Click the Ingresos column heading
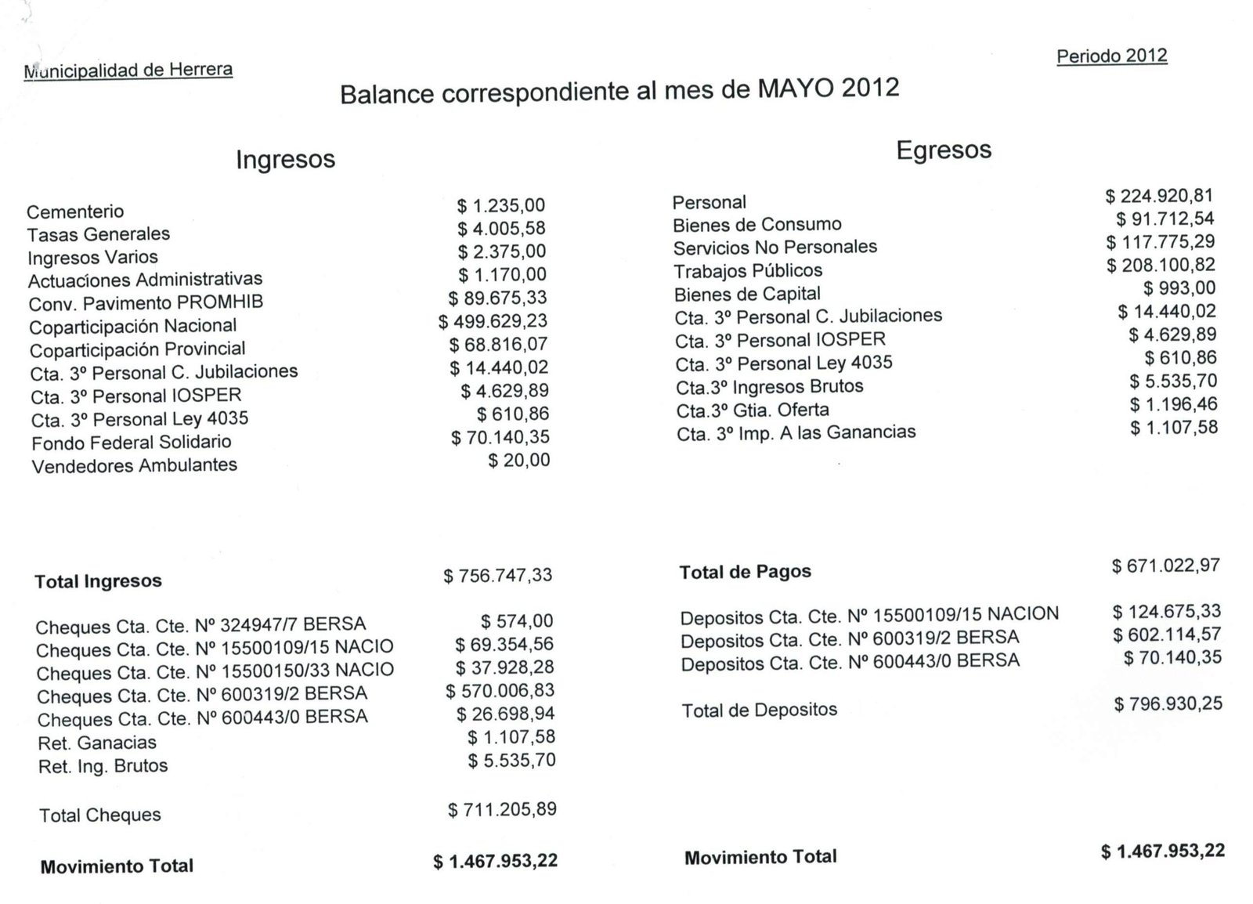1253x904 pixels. (x=285, y=159)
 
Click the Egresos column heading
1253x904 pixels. (x=944, y=150)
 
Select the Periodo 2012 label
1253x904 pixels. (x=1111, y=56)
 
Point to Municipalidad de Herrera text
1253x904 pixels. (x=128, y=71)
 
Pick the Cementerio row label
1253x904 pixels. (x=75, y=212)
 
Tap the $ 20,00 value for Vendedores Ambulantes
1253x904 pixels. (x=518, y=461)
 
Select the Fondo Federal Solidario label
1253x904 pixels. (x=132, y=443)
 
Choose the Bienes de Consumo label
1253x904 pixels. (x=756, y=225)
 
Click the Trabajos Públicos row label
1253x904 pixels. (x=748, y=271)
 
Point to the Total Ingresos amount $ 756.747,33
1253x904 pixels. (x=497, y=576)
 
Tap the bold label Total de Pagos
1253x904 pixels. (x=745, y=572)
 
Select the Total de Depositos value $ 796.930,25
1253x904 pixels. (x=1168, y=704)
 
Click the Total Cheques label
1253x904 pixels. (x=100, y=815)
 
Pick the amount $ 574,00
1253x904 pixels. (x=517, y=621)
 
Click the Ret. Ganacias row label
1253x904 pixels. (x=97, y=743)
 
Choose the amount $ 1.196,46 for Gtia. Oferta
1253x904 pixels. (x=1173, y=405)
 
